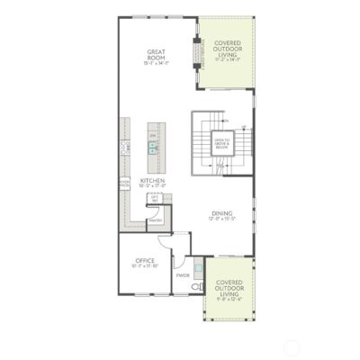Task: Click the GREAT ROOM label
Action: click(156, 55)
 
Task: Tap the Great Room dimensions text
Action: click(156, 65)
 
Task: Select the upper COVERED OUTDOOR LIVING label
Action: click(226, 48)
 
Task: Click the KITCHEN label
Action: click(153, 181)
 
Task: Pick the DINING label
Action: click(221, 213)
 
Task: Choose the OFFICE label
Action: click(145, 260)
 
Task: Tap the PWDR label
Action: click(183, 275)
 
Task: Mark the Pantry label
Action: click(155, 220)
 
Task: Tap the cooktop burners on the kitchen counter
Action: click(124, 146)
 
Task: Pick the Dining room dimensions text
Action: click(221, 220)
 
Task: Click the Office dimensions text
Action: click(145, 266)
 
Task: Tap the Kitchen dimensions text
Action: click(153, 187)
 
